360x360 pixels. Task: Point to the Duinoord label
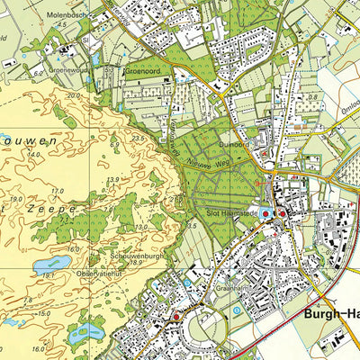231,144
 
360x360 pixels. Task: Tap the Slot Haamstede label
220,212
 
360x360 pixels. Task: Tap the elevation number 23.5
138,138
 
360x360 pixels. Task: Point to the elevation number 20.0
72,94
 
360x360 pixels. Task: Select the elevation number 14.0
35,156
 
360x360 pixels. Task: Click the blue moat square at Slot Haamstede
264,214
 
